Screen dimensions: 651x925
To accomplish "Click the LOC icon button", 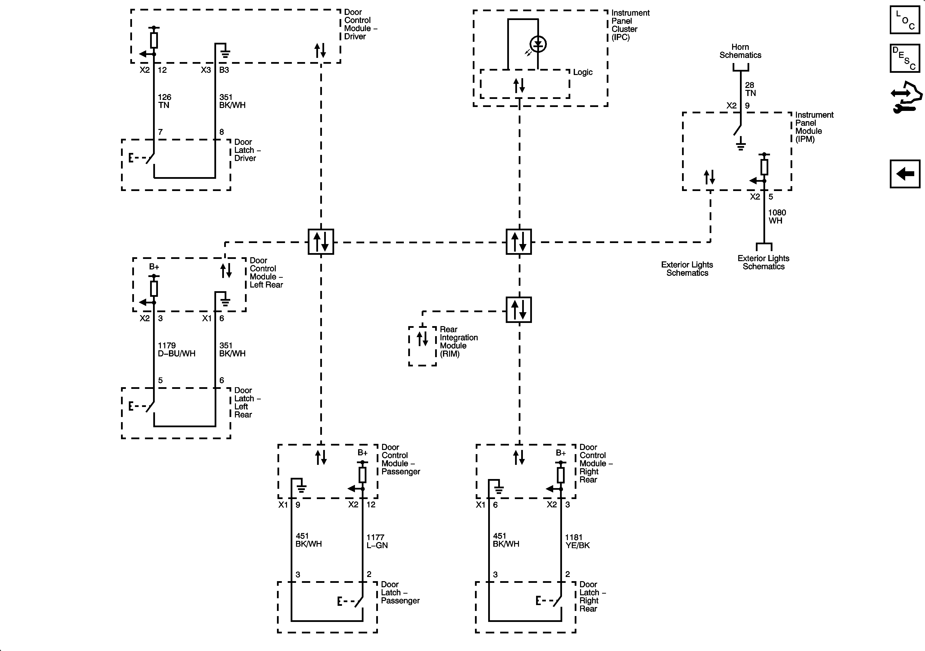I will (905, 20).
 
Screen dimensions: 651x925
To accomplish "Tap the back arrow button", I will (905, 174).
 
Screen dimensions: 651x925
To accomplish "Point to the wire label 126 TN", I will (164, 101).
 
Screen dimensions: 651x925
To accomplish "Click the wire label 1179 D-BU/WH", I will (176, 350).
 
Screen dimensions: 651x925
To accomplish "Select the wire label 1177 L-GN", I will (377, 541).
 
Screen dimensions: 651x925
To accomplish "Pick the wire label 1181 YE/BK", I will (577, 541).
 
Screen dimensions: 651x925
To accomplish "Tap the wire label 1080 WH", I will (777, 217).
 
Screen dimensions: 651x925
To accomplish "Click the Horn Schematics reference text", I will (740, 51).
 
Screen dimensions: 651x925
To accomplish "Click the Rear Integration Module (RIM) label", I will (459, 342).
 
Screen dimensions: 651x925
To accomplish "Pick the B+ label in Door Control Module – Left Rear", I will (154, 267).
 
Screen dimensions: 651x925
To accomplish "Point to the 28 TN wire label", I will (750, 89).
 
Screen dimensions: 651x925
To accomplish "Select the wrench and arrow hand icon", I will (906, 97).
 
